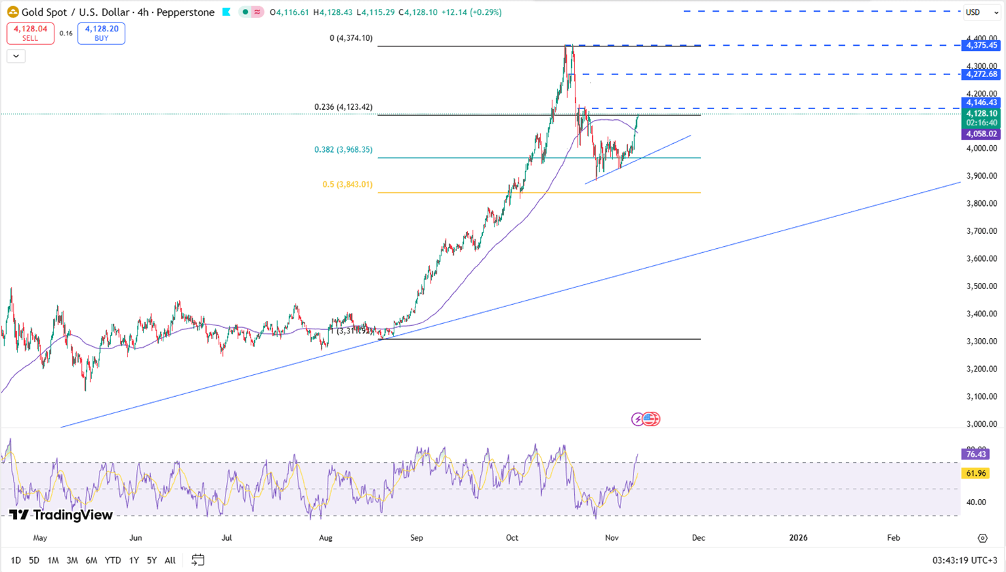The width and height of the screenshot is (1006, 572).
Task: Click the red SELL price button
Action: tap(30, 33)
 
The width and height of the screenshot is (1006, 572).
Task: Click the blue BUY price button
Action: tap(101, 33)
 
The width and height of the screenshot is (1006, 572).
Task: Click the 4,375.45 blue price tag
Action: tap(981, 46)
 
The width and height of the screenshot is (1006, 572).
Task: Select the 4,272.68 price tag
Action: tap(981, 74)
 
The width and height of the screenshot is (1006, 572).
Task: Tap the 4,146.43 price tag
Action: tap(981, 103)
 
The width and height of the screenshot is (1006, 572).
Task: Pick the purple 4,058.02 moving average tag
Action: tap(981, 134)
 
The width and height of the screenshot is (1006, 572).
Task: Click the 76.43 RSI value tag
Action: tap(975, 454)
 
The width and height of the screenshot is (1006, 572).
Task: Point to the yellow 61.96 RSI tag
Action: tap(975, 473)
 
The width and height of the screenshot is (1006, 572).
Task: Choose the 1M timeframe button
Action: tap(52, 560)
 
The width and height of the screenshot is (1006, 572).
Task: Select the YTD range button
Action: tap(112, 560)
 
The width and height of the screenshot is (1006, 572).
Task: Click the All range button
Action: tap(170, 560)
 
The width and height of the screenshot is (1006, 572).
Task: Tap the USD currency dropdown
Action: tap(981, 12)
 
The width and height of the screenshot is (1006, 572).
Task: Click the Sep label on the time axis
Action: tap(416, 538)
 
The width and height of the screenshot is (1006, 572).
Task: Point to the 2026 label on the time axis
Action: tap(798, 538)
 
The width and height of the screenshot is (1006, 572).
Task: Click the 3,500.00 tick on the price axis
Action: tap(981, 286)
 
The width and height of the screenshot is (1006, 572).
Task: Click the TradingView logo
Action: tap(61, 515)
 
